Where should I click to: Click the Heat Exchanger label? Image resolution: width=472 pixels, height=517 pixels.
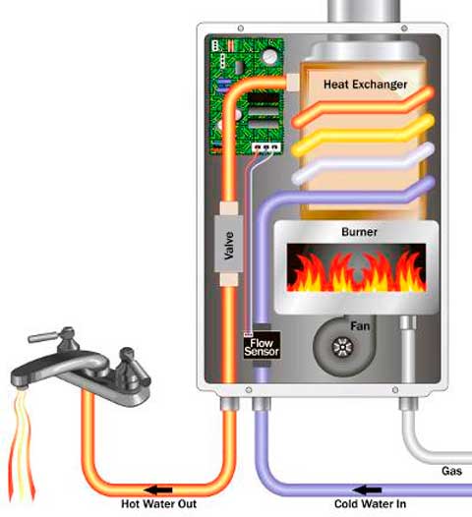(x=365, y=85)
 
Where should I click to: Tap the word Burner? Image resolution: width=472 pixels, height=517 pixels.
(x=359, y=232)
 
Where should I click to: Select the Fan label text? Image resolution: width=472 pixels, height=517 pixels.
(x=360, y=326)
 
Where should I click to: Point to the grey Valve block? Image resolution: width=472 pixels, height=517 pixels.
(x=228, y=244)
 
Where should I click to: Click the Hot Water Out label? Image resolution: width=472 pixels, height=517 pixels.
(x=158, y=504)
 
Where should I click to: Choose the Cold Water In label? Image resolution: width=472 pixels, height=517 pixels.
(x=370, y=504)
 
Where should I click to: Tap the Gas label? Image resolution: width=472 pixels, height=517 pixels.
(x=451, y=471)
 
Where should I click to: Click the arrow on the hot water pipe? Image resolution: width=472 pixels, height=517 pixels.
(x=158, y=489)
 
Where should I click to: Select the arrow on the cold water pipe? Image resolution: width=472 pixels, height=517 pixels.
(x=367, y=489)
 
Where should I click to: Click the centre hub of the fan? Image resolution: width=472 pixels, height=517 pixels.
(x=342, y=347)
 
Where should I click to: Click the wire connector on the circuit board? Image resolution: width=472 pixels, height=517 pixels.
(x=266, y=147)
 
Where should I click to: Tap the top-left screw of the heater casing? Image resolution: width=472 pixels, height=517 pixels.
(x=241, y=29)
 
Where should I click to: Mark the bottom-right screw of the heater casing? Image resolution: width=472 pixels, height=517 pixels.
(x=395, y=390)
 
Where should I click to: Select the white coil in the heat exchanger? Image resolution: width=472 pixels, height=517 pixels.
(x=363, y=164)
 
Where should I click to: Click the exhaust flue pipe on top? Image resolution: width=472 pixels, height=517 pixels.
(x=364, y=11)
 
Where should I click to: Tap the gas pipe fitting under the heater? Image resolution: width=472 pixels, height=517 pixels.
(x=408, y=404)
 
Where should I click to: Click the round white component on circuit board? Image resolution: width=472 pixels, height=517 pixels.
(x=269, y=56)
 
